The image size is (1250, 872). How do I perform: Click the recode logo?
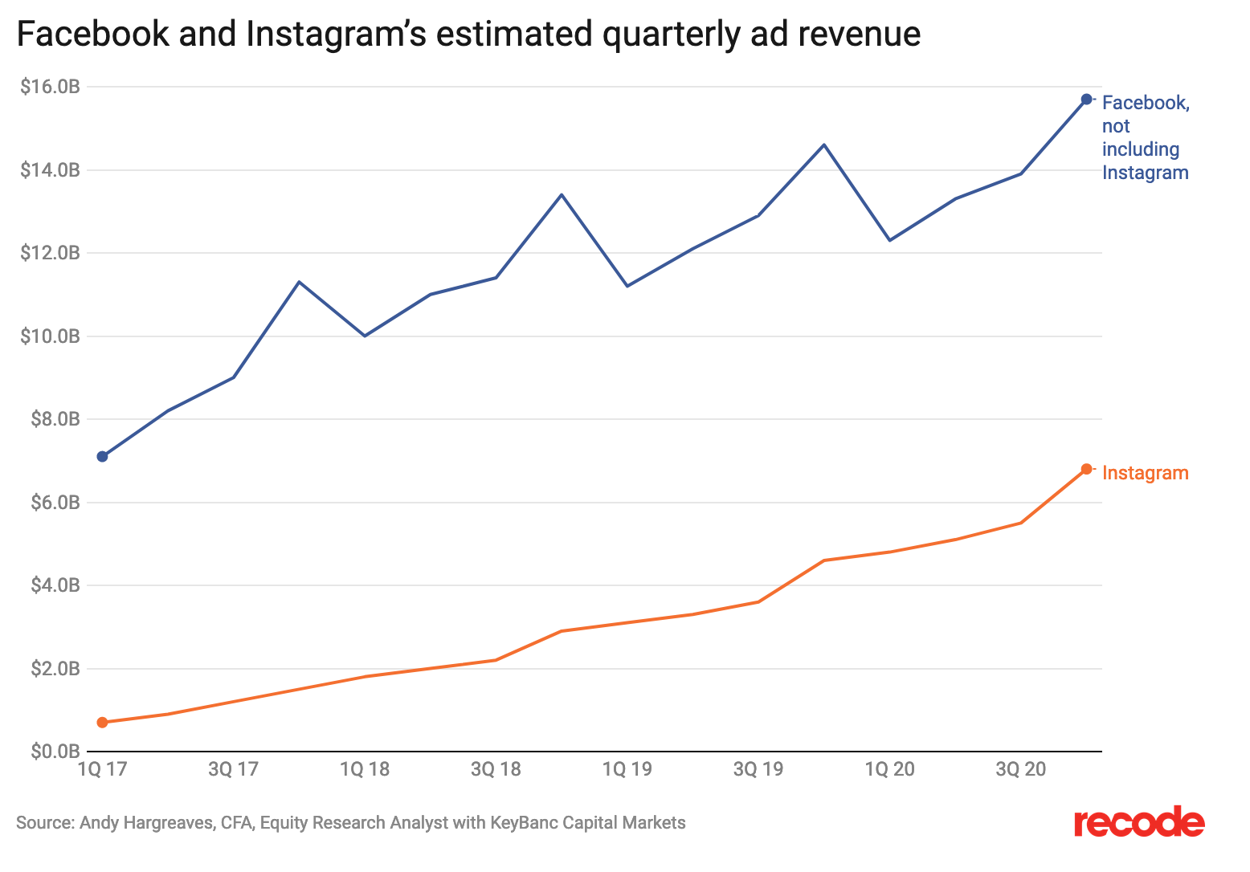(x=1139, y=823)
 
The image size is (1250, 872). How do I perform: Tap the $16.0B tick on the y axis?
(x=51, y=87)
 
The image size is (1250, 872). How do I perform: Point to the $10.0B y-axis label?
(x=51, y=336)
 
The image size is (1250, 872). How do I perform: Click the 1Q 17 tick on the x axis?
(x=102, y=769)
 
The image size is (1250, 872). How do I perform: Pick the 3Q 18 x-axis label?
(x=496, y=769)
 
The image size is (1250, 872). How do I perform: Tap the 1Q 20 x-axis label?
(x=889, y=769)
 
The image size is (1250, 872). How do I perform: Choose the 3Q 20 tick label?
(x=1021, y=769)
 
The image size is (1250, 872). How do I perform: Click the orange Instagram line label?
(x=1145, y=473)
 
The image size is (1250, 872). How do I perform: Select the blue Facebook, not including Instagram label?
(x=1145, y=137)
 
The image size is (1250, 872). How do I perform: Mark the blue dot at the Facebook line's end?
(x=1086, y=99)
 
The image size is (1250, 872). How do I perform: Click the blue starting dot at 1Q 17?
(x=102, y=457)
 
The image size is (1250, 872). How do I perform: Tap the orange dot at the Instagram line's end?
(x=1086, y=469)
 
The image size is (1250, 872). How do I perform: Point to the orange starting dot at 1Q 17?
(x=102, y=723)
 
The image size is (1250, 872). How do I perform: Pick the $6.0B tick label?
(x=55, y=503)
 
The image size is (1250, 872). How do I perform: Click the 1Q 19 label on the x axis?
(x=627, y=769)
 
